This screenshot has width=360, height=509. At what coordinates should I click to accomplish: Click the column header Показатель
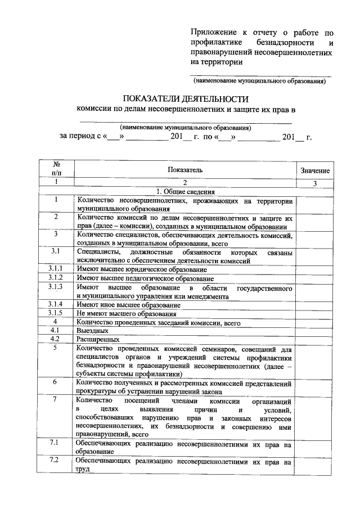coord(184,169)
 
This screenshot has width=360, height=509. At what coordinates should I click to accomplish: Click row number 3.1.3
coord(56,287)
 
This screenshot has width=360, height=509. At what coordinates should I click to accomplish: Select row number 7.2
coord(56,461)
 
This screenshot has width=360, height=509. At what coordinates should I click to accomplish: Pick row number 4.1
coord(56,331)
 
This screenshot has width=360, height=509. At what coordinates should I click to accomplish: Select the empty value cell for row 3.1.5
coord(315,313)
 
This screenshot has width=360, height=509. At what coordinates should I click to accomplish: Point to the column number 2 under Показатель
coord(184,183)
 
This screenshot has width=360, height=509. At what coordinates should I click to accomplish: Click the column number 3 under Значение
coord(315,183)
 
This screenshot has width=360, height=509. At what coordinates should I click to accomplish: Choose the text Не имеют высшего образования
coord(127,314)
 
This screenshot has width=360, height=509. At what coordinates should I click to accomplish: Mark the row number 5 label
coord(56,348)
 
